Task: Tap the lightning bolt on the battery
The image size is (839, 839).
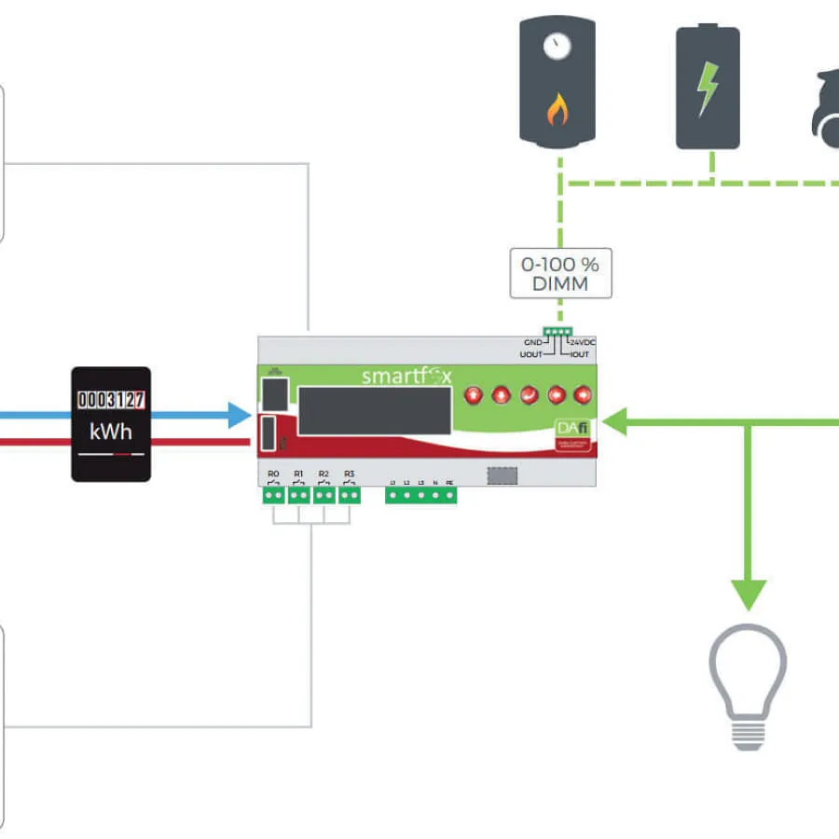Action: pos(708,89)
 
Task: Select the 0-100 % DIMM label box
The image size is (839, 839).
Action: pos(560,273)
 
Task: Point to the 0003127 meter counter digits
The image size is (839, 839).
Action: pos(111,399)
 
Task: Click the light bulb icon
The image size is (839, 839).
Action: pos(748,685)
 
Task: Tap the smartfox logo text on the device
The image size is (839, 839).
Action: pos(406,378)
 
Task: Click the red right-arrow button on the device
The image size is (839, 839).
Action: pos(584,394)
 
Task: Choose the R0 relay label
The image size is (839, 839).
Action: pos(273,475)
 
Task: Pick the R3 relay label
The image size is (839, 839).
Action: pos(349,475)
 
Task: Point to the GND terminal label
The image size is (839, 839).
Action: pos(533,343)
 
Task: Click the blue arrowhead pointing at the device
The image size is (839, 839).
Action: pos(238,413)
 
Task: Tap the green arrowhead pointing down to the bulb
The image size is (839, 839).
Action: pos(748,593)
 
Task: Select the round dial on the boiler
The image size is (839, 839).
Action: pos(557,44)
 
